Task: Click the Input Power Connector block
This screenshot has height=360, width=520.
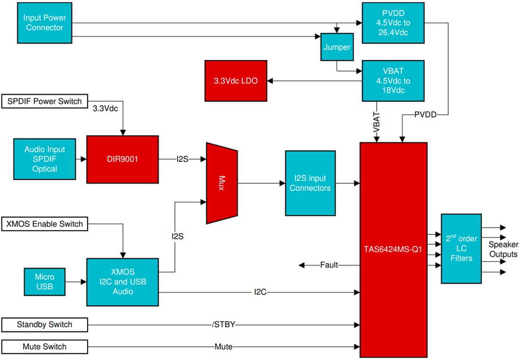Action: pos(44,23)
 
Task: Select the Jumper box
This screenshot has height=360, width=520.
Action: pos(337,47)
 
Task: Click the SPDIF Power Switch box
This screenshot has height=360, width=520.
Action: pos(44,101)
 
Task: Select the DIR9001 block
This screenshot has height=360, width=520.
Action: pos(122,159)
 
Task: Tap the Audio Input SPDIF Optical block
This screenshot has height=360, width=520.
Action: pos(44,159)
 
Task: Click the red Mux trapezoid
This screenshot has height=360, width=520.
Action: pos(221,182)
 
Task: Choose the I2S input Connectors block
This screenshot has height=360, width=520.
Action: pos(310,183)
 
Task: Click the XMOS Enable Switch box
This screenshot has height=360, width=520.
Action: pos(44,223)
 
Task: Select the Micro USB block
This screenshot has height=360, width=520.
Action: pos(44,282)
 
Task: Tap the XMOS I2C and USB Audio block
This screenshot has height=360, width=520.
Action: pos(122,282)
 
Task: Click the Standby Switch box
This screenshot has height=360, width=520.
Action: pos(44,325)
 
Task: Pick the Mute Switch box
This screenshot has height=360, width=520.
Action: pos(44,347)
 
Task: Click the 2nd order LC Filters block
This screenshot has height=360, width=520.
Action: pos(461,249)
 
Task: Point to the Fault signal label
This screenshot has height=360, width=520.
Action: pos(329,265)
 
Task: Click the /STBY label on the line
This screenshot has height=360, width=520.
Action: pos(224,325)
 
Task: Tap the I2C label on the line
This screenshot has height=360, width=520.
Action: pos(260,292)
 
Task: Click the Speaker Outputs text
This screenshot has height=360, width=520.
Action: pos(503,249)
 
